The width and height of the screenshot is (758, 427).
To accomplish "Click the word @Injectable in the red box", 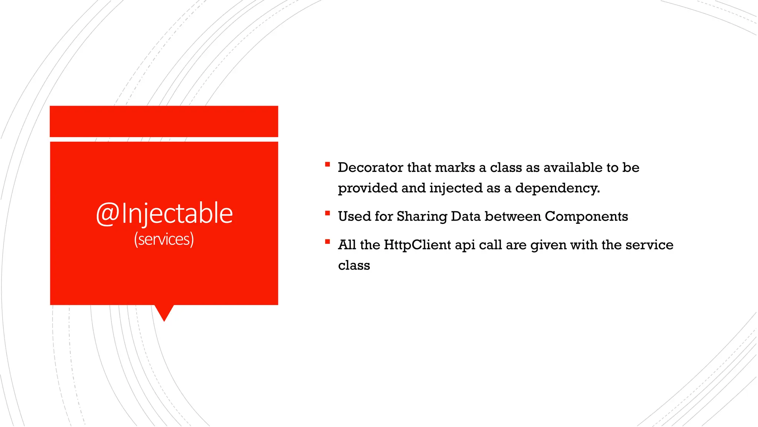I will click(x=164, y=214).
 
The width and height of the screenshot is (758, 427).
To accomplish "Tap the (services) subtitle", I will click(x=164, y=239).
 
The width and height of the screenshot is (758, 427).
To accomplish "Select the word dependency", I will click(x=557, y=188).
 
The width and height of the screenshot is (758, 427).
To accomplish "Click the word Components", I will click(x=586, y=216).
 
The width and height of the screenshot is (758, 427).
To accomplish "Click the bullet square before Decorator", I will click(x=327, y=164).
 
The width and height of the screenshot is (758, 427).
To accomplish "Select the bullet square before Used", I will click(x=327, y=213).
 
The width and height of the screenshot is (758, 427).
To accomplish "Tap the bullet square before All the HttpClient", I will click(x=327, y=242).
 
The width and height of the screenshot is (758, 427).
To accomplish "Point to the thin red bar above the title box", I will click(x=164, y=121).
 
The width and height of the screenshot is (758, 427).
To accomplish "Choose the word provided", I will click(x=368, y=188).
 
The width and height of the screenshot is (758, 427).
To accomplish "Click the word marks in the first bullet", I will click(x=455, y=168).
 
